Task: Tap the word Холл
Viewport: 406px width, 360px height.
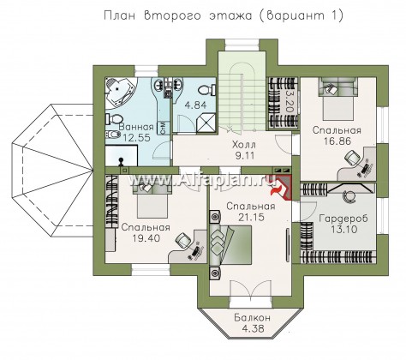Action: [x=244, y=145]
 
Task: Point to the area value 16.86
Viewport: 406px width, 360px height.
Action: [x=337, y=141]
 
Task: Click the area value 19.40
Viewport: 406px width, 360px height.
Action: [x=146, y=237]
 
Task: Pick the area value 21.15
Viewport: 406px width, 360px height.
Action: [x=251, y=217]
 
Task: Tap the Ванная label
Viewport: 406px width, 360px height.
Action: [x=136, y=127]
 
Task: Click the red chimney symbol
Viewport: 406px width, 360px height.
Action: [x=282, y=188]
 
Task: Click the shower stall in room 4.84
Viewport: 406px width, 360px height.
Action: [x=206, y=123]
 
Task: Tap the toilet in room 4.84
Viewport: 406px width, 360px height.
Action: [x=206, y=91]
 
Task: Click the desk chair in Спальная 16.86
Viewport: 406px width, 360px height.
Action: [x=351, y=158]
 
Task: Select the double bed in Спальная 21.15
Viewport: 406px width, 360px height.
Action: [x=230, y=244]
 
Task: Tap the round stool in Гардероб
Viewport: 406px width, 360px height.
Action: [x=349, y=197]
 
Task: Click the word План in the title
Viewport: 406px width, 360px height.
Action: [x=119, y=15]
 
